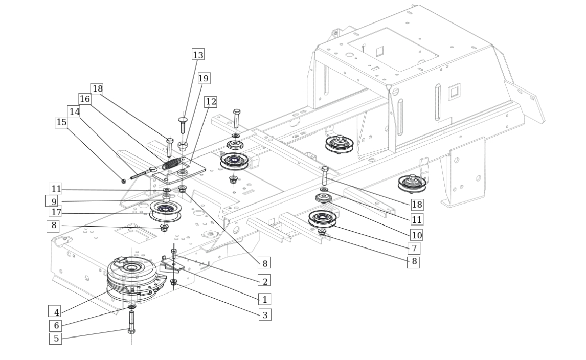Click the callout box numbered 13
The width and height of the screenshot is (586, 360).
pos(198,54)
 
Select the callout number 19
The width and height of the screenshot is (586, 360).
pos(204,78)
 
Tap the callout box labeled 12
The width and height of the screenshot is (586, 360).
pos(211,102)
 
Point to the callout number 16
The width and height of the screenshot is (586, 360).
pos(85,99)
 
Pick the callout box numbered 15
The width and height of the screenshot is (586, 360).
pos(61,122)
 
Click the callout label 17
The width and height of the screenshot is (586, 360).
pos(55,212)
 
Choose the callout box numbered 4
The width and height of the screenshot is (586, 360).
pos(55,312)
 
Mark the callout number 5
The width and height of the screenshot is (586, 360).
pos(56,339)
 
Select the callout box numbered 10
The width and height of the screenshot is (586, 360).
pos(417,235)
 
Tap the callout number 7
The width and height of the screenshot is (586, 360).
pos(414,248)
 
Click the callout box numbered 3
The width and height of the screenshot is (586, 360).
pos(265,315)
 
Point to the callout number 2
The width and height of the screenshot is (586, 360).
pos(265,281)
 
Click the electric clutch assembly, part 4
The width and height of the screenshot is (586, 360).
pos(134,279)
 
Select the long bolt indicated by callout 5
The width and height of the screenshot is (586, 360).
pos(131,322)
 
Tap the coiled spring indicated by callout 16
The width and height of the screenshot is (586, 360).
pos(172,163)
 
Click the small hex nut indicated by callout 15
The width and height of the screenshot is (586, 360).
pos(124,182)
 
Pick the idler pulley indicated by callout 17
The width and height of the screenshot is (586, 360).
pos(165,210)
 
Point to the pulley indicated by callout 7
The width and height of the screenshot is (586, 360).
pos(322,219)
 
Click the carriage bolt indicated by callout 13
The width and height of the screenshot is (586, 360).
pos(183,125)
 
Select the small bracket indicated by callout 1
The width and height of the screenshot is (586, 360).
pos(172,265)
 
